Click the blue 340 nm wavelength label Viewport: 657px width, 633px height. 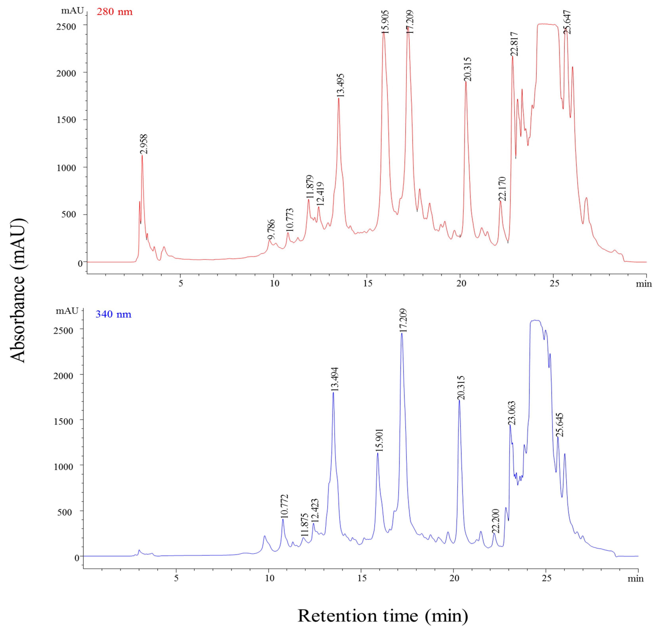pyautogui.click(x=114, y=314)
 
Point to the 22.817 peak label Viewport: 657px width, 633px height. pyautogui.click(x=514, y=44)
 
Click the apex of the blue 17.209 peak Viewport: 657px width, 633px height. pyautogui.click(x=401, y=333)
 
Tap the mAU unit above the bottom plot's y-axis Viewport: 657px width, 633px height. pyautogui.click(x=67, y=311)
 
